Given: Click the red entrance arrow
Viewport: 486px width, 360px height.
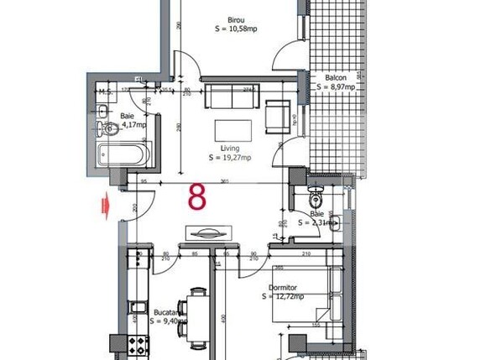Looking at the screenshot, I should (x=105, y=202).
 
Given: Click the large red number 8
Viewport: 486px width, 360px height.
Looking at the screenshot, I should (x=198, y=196).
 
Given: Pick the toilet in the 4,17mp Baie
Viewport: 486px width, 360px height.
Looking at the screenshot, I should (x=107, y=128).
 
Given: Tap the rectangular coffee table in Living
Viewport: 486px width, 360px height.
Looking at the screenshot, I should (x=233, y=130).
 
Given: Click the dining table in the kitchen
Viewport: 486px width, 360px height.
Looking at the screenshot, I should (x=197, y=316).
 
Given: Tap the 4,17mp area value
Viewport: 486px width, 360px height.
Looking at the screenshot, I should (x=132, y=126).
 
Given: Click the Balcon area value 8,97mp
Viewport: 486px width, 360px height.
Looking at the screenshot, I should (x=341, y=86).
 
